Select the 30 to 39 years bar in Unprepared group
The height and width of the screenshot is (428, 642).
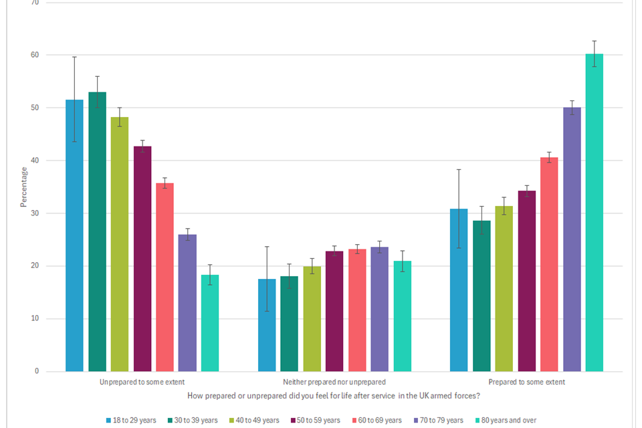pyautogui.click(x=97, y=231)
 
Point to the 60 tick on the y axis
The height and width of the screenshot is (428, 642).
pyautogui.click(x=35, y=55)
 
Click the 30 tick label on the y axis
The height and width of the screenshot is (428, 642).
pyautogui.click(x=35, y=213)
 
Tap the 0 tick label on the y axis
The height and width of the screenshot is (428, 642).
pyautogui.click(x=37, y=372)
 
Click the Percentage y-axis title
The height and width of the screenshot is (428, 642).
pyautogui.click(x=24, y=187)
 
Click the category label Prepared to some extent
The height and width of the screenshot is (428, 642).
pyautogui.click(x=526, y=383)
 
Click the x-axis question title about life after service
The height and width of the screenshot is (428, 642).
pyautogui.click(x=334, y=396)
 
